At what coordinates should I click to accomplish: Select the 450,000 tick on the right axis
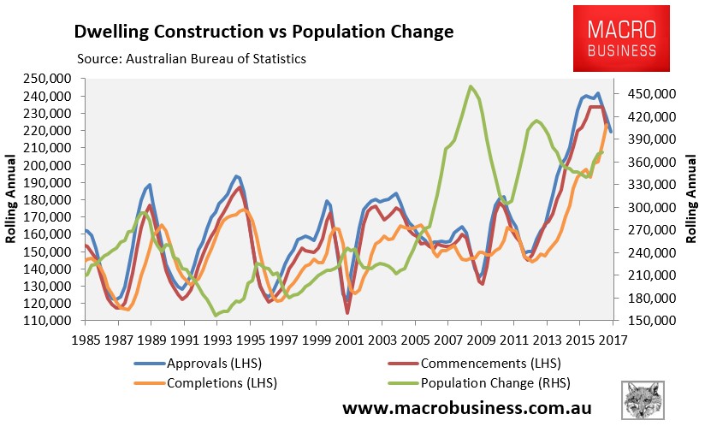point(653,93)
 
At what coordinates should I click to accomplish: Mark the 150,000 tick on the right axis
point(653,321)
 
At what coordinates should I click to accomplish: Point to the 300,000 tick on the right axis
point(653,207)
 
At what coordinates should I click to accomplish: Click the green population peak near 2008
point(471,86)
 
